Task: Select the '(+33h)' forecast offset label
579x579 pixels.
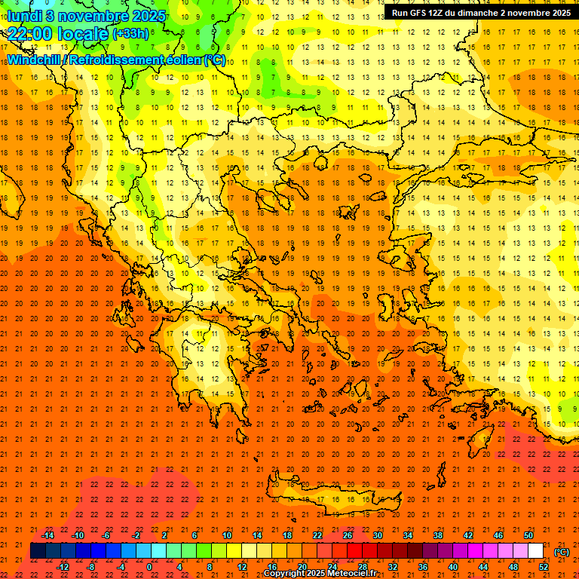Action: pyautogui.click(x=130, y=34)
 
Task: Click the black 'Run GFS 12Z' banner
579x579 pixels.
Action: pyautogui.click(x=481, y=13)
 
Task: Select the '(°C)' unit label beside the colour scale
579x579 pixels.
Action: pyautogui.click(x=561, y=552)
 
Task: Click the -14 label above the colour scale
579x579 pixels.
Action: pyautogui.click(x=47, y=535)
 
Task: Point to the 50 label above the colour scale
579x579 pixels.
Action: pyautogui.click(x=528, y=535)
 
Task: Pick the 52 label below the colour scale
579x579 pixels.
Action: pyautogui.click(x=543, y=567)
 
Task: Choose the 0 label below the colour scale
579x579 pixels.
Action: pyautogui.click(x=149, y=567)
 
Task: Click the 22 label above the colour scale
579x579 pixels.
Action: pyautogui.click(x=317, y=535)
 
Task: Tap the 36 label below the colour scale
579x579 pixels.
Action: pyautogui.click(x=422, y=567)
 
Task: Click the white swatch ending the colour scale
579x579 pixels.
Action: pyautogui.click(x=535, y=551)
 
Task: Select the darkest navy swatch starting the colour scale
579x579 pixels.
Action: pyautogui.click(x=38, y=551)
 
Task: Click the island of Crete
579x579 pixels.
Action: pyautogui.click(x=332, y=498)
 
